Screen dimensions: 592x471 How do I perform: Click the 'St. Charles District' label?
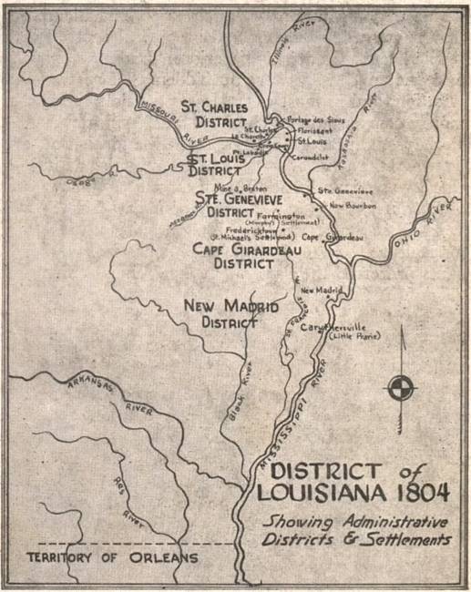(214, 113)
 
